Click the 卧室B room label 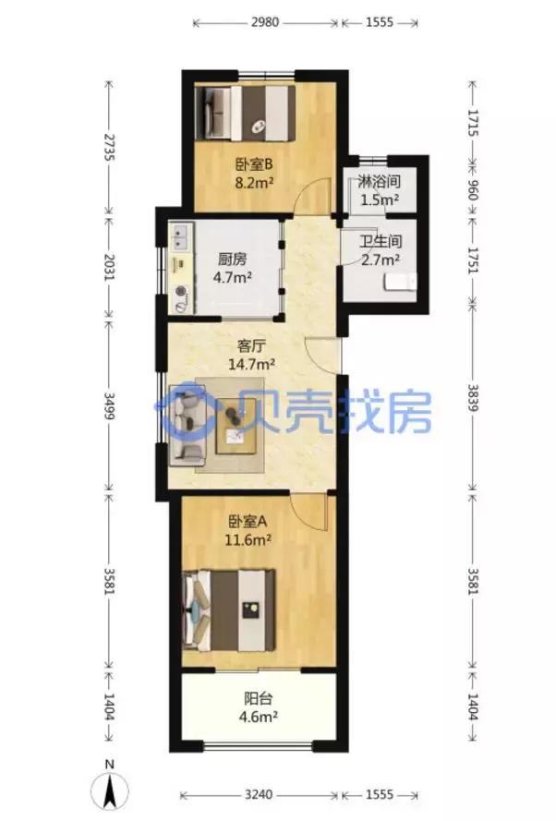coord(252,166)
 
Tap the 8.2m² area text coord(252,184)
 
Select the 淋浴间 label coord(379,182)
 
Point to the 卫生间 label coord(379,243)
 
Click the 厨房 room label coord(232,260)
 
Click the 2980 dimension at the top coord(265,21)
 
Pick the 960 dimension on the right coord(473,190)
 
